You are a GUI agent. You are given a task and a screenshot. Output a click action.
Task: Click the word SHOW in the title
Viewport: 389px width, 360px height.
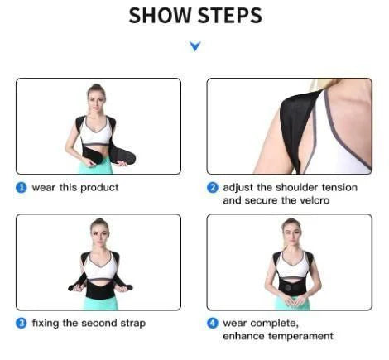pyautogui.click(x=157, y=16)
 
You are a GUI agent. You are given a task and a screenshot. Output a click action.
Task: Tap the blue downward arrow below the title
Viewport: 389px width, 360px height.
pyautogui.click(x=194, y=47)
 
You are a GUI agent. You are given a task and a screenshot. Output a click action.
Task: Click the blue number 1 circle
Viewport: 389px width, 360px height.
pyautogui.click(x=22, y=188)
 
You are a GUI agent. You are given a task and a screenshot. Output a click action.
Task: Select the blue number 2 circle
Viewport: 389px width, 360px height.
pyautogui.click(x=213, y=188)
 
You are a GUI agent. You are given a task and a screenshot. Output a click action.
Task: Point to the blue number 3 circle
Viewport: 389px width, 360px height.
pyautogui.click(x=22, y=323)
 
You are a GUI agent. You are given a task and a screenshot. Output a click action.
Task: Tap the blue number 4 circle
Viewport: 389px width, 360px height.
pyautogui.click(x=213, y=323)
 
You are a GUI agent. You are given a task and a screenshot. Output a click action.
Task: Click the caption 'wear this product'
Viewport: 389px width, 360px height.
pyautogui.click(x=75, y=188)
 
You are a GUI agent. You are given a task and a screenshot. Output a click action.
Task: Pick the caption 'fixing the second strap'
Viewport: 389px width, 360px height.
pyautogui.click(x=89, y=323)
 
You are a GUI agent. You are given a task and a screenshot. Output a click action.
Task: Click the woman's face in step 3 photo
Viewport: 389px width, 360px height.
pyautogui.click(x=99, y=229)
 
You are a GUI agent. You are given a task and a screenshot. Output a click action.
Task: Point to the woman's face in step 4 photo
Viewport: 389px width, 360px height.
pyautogui.click(x=291, y=229)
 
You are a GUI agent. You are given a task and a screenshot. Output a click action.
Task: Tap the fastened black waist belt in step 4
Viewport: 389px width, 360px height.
pyautogui.click(x=291, y=286)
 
